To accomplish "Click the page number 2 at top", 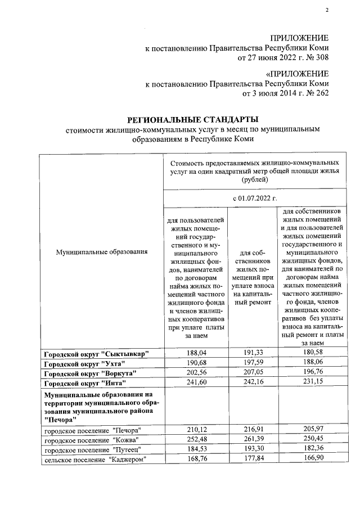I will coord(326,11).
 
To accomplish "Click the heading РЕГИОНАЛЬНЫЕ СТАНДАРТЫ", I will coord(193,119).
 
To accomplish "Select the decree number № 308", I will coord(316,57).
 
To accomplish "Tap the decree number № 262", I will coord(316,93).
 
